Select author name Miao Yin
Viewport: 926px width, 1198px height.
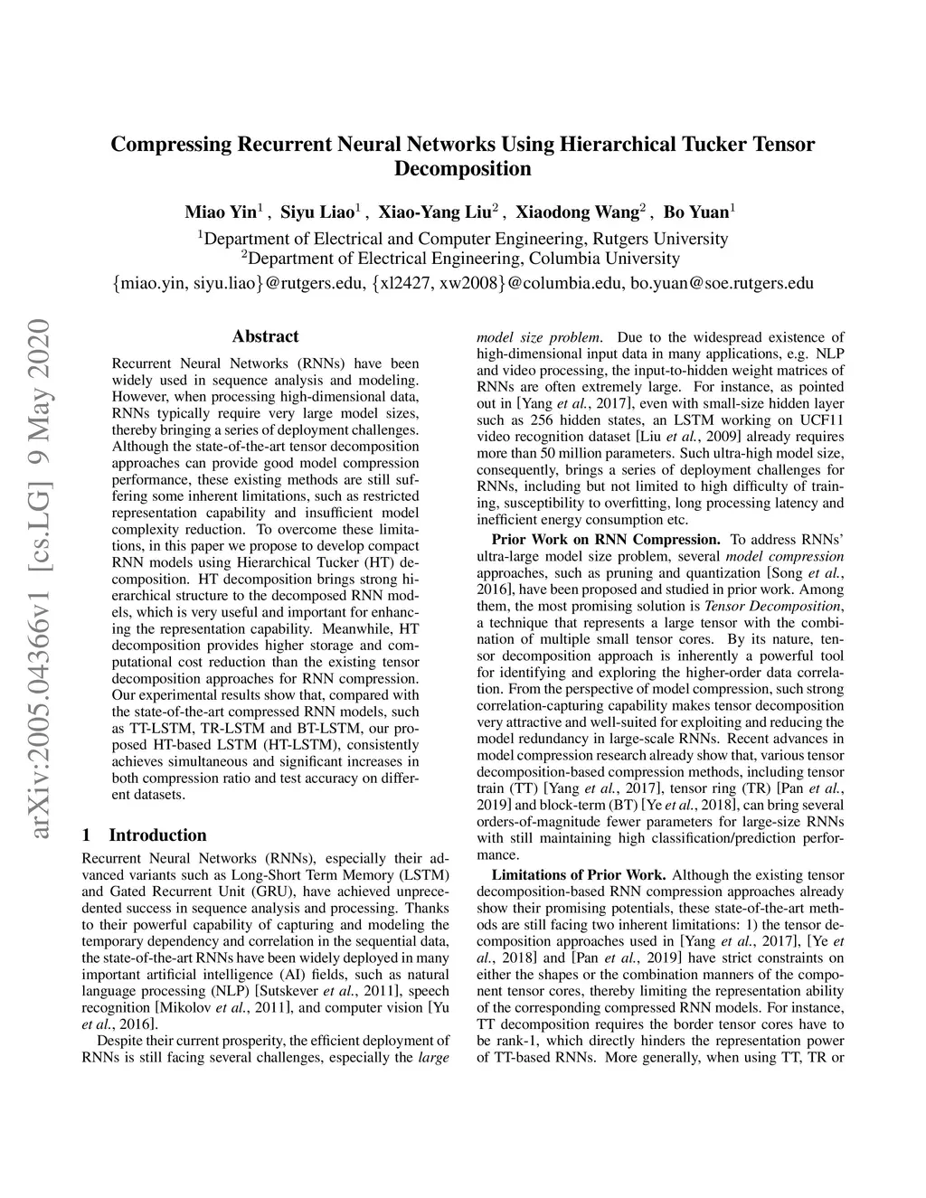[x=221, y=213]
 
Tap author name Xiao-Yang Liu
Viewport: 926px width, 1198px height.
[x=434, y=213]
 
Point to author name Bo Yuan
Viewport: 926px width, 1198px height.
[x=696, y=213]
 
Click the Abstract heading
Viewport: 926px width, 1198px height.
[x=265, y=336]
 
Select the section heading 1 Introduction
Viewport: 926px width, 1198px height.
[x=144, y=835]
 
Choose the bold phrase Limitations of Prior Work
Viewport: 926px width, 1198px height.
[x=579, y=874]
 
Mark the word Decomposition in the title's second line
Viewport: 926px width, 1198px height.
[x=462, y=169]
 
